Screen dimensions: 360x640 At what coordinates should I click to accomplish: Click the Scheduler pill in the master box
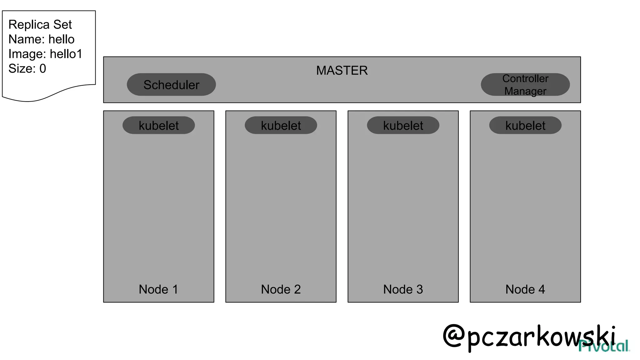[171, 85]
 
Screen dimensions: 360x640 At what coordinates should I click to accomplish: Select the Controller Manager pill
[525, 84]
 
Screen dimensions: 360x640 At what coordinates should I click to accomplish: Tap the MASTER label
[342, 71]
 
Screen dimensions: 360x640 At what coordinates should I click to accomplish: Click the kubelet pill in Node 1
[159, 126]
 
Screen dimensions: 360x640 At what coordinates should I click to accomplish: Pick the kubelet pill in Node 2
[281, 126]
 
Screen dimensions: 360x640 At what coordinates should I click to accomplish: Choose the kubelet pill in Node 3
[403, 126]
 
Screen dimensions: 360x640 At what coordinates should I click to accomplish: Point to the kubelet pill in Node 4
[525, 126]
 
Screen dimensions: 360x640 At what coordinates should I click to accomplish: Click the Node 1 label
[158, 289]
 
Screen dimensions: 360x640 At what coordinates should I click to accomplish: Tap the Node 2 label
[281, 289]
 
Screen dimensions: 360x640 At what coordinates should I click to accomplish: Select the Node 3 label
[403, 289]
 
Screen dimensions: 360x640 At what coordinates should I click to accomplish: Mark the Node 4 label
[525, 289]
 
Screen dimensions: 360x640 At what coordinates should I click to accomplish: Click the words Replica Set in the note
[40, 25]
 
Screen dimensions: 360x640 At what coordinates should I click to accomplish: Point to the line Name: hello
[42, 39]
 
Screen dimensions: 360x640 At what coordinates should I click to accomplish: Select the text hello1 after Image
[66, 54]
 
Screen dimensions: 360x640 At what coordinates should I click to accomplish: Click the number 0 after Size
[43, 69]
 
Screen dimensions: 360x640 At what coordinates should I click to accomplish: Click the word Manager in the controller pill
[525, 91]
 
